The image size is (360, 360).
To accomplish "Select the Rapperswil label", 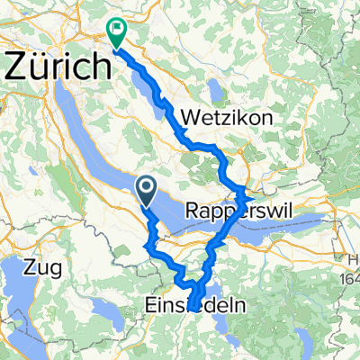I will (230, 211).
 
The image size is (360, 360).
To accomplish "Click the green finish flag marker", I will (117, 32).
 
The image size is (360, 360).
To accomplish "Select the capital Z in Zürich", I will (16, 66).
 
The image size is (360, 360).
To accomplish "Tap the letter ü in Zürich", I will (36, 66).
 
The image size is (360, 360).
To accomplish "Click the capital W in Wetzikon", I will (190, 118).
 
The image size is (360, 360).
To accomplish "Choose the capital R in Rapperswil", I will (192, 211).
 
